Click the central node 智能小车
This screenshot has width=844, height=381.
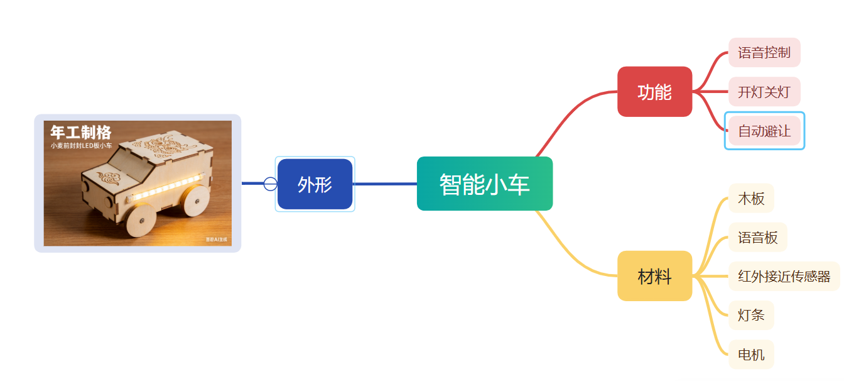[484, 184]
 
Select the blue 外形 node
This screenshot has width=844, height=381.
[315, 184]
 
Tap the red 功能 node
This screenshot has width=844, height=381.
[654, 92]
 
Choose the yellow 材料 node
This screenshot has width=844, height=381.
[654, 276]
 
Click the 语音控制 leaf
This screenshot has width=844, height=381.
[764, 52]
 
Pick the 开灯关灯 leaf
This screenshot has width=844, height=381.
[764, 92]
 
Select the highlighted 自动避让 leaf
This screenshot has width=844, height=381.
[764, 131]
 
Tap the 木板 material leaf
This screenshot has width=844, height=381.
[751, 199]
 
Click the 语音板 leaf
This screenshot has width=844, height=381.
[757, 238]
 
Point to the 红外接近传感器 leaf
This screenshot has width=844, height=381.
[784, 276]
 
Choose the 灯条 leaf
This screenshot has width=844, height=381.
[751, 315]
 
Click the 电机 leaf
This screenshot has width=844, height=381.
[751, 355]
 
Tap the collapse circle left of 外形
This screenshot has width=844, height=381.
[270, 184]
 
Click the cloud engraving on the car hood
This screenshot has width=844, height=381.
[110, 179]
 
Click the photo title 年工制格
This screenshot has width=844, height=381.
[80, 132]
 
